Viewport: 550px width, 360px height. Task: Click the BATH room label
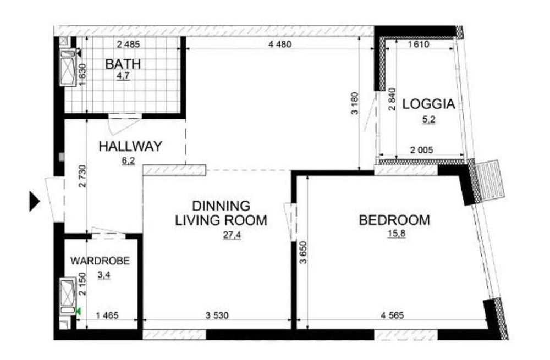123,64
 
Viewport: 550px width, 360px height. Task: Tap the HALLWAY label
130,146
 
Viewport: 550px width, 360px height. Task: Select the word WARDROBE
100,261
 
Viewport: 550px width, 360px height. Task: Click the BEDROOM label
394,220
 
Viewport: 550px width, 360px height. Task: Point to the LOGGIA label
428,104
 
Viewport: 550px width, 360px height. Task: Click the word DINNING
221,206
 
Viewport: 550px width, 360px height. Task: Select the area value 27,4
232,235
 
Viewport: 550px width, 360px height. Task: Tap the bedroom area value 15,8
397,234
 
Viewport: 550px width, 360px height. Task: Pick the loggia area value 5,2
428,119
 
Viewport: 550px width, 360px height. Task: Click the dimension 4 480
280,45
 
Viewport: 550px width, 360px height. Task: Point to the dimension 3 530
217,315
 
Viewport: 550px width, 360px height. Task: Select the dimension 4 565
392,315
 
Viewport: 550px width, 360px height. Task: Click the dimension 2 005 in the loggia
422,150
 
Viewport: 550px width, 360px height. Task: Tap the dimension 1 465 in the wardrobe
107,315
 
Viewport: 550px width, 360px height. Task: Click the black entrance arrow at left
34,202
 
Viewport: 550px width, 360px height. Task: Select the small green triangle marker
79,311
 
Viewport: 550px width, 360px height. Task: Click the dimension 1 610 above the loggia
419,45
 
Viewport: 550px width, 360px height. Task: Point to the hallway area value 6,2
128,161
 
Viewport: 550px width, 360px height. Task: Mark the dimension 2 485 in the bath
128,45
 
